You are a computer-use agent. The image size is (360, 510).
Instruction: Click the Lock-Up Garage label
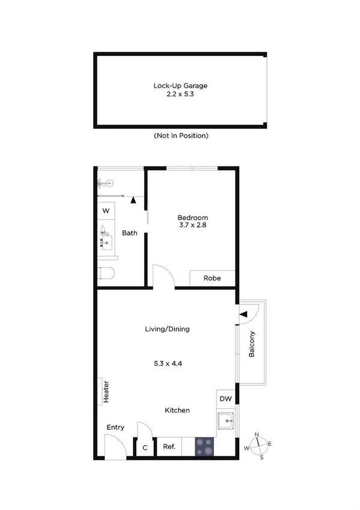click(x=180, y=85)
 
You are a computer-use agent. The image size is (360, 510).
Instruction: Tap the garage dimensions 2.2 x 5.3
click(x=180, y=95)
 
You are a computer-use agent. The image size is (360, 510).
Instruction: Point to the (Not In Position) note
click(x=180, y=136)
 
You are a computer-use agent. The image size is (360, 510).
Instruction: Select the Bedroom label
click(x=192, y=217)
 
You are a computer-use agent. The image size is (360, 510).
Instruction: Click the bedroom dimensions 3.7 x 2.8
click(x=192, y=226)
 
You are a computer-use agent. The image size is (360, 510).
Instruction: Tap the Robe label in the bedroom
click(x=212, y=278)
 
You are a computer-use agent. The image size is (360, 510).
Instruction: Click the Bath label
click(x=130, y=233)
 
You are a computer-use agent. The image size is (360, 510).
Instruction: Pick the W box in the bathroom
click(x=106, y=211)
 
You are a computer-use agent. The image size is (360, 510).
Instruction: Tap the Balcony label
click(x=252, y=345)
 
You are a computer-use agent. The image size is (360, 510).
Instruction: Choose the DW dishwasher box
click(x=225, y=399)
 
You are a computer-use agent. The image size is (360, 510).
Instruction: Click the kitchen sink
click(x=226, y=420)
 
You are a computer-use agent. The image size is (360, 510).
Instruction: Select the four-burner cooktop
click(x=204, y=446)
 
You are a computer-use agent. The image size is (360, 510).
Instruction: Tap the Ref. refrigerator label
click(x=169, y=447)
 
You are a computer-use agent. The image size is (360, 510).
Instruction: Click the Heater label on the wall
click(x=106, y=392)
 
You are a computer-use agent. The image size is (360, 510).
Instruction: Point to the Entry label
click(x=115, y=428)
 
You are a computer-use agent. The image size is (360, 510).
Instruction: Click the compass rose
click(x=258, y=445)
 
